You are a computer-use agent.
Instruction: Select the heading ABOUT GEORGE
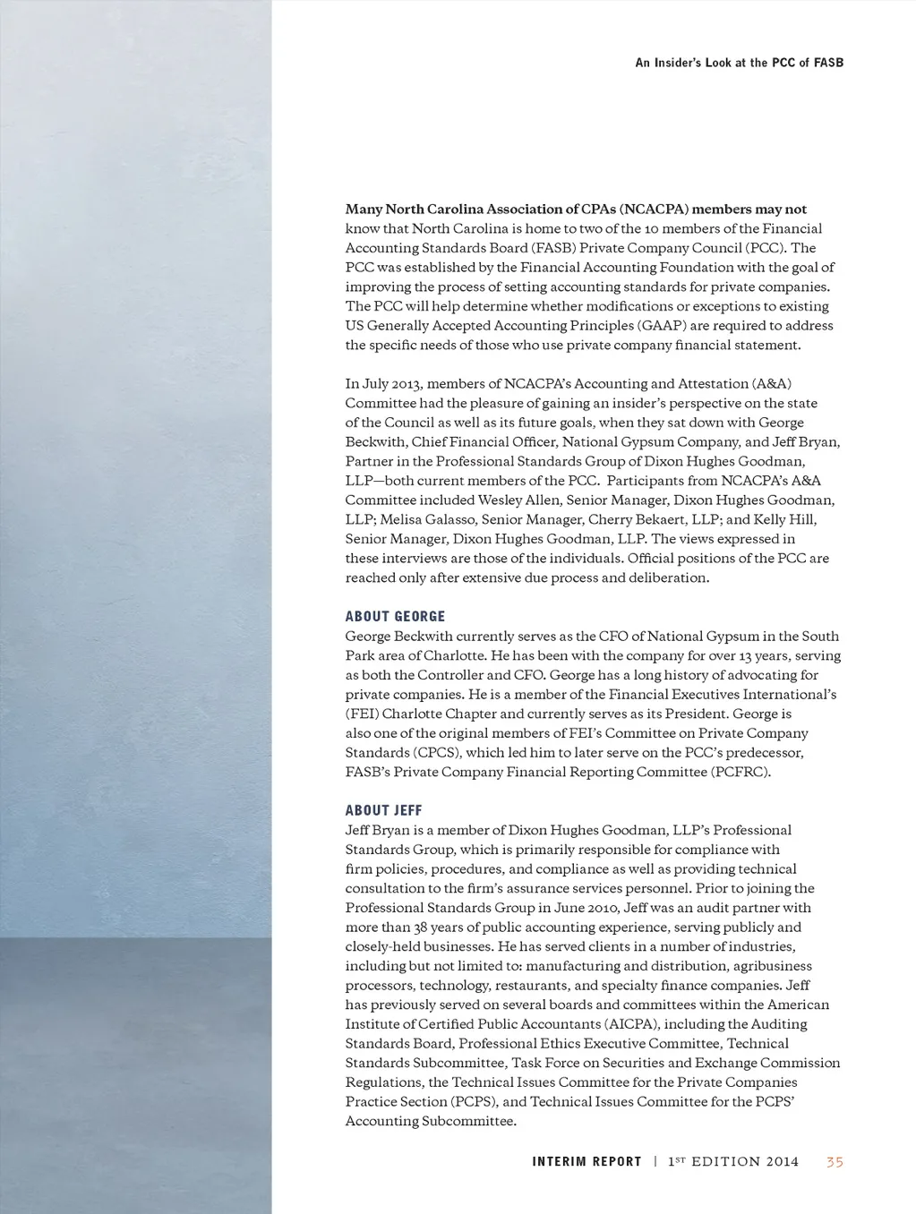(x=395, y=616)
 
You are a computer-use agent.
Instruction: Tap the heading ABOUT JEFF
(x=383, y=810)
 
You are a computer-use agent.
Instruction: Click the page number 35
(x=835, y=1162)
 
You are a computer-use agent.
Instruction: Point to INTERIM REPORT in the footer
(x=586, y=1162)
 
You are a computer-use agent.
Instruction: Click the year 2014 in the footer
(x=781, y=1162)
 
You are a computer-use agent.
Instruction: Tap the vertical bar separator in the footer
(x=655, y=1162)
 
